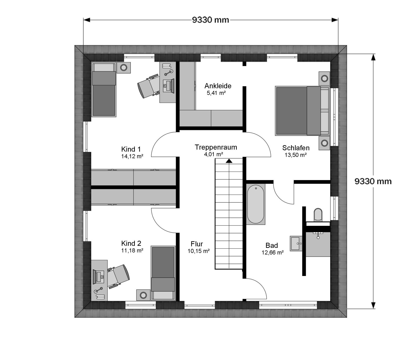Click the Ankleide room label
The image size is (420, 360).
(x=218, y=86)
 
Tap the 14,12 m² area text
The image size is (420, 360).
(x=132, y=156)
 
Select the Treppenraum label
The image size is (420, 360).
(x=216, y=147)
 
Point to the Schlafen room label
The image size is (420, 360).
(x=296, y=148)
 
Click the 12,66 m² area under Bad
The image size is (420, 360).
(x=272, y=253)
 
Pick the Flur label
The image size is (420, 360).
(x=197, y=244)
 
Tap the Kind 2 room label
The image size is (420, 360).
(x=131, y=243)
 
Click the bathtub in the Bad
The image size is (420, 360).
(x=256, y=204)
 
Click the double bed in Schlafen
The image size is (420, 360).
(x=302, y=111)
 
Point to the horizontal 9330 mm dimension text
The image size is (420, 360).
(x=211, y=20)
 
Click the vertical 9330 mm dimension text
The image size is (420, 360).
(x=373, y=181)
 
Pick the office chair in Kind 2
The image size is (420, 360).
(x=118, y=276)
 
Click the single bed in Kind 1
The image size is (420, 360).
(x=104, y=89)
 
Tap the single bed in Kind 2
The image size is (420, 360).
(x=163, y=273)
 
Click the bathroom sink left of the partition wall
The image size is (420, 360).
(x=296, y=243)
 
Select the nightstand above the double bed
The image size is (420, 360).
(x=324, y=78)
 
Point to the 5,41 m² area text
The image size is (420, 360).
(x=216, y=93)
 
